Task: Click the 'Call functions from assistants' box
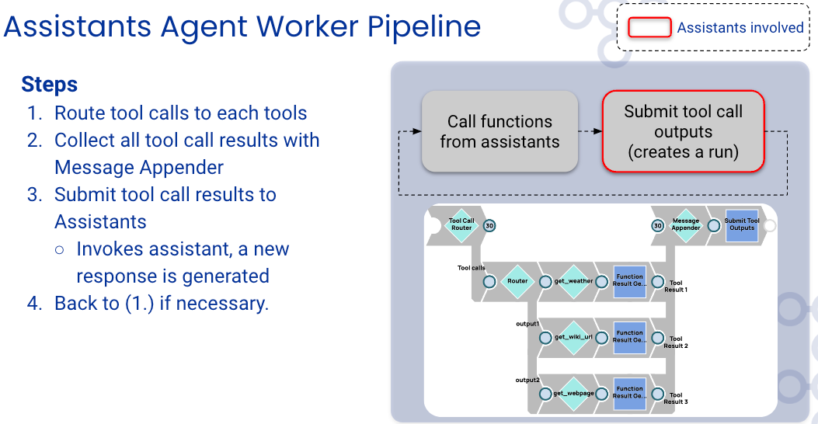(x=500, y=131)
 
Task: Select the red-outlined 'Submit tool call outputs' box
(x=683, y=131)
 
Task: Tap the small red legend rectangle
(x=649, y=28)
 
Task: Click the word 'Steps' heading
(x=50, y=85)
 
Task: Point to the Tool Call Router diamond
(x=461, y=225)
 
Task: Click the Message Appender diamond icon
(x=685, y=225)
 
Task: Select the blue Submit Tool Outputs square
(x=742, y=225)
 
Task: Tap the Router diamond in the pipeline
(x=517, y=281)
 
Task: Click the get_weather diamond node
(x=573, y=281)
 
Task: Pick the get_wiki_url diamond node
(x=573, y=338)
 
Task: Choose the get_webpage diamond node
(x=573, y=394)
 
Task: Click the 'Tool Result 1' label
(x=676, y=287)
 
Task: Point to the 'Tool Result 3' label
(x=676, y=398)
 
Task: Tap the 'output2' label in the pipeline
(x=527, y=381)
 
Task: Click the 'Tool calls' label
(x=471, y=268)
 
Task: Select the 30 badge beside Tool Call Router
(x=489, y=226)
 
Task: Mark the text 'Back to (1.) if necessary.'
(x=162, y=304)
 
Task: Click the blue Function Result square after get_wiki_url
(x=630, y=338)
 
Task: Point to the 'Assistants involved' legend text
(x=740, y=28)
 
